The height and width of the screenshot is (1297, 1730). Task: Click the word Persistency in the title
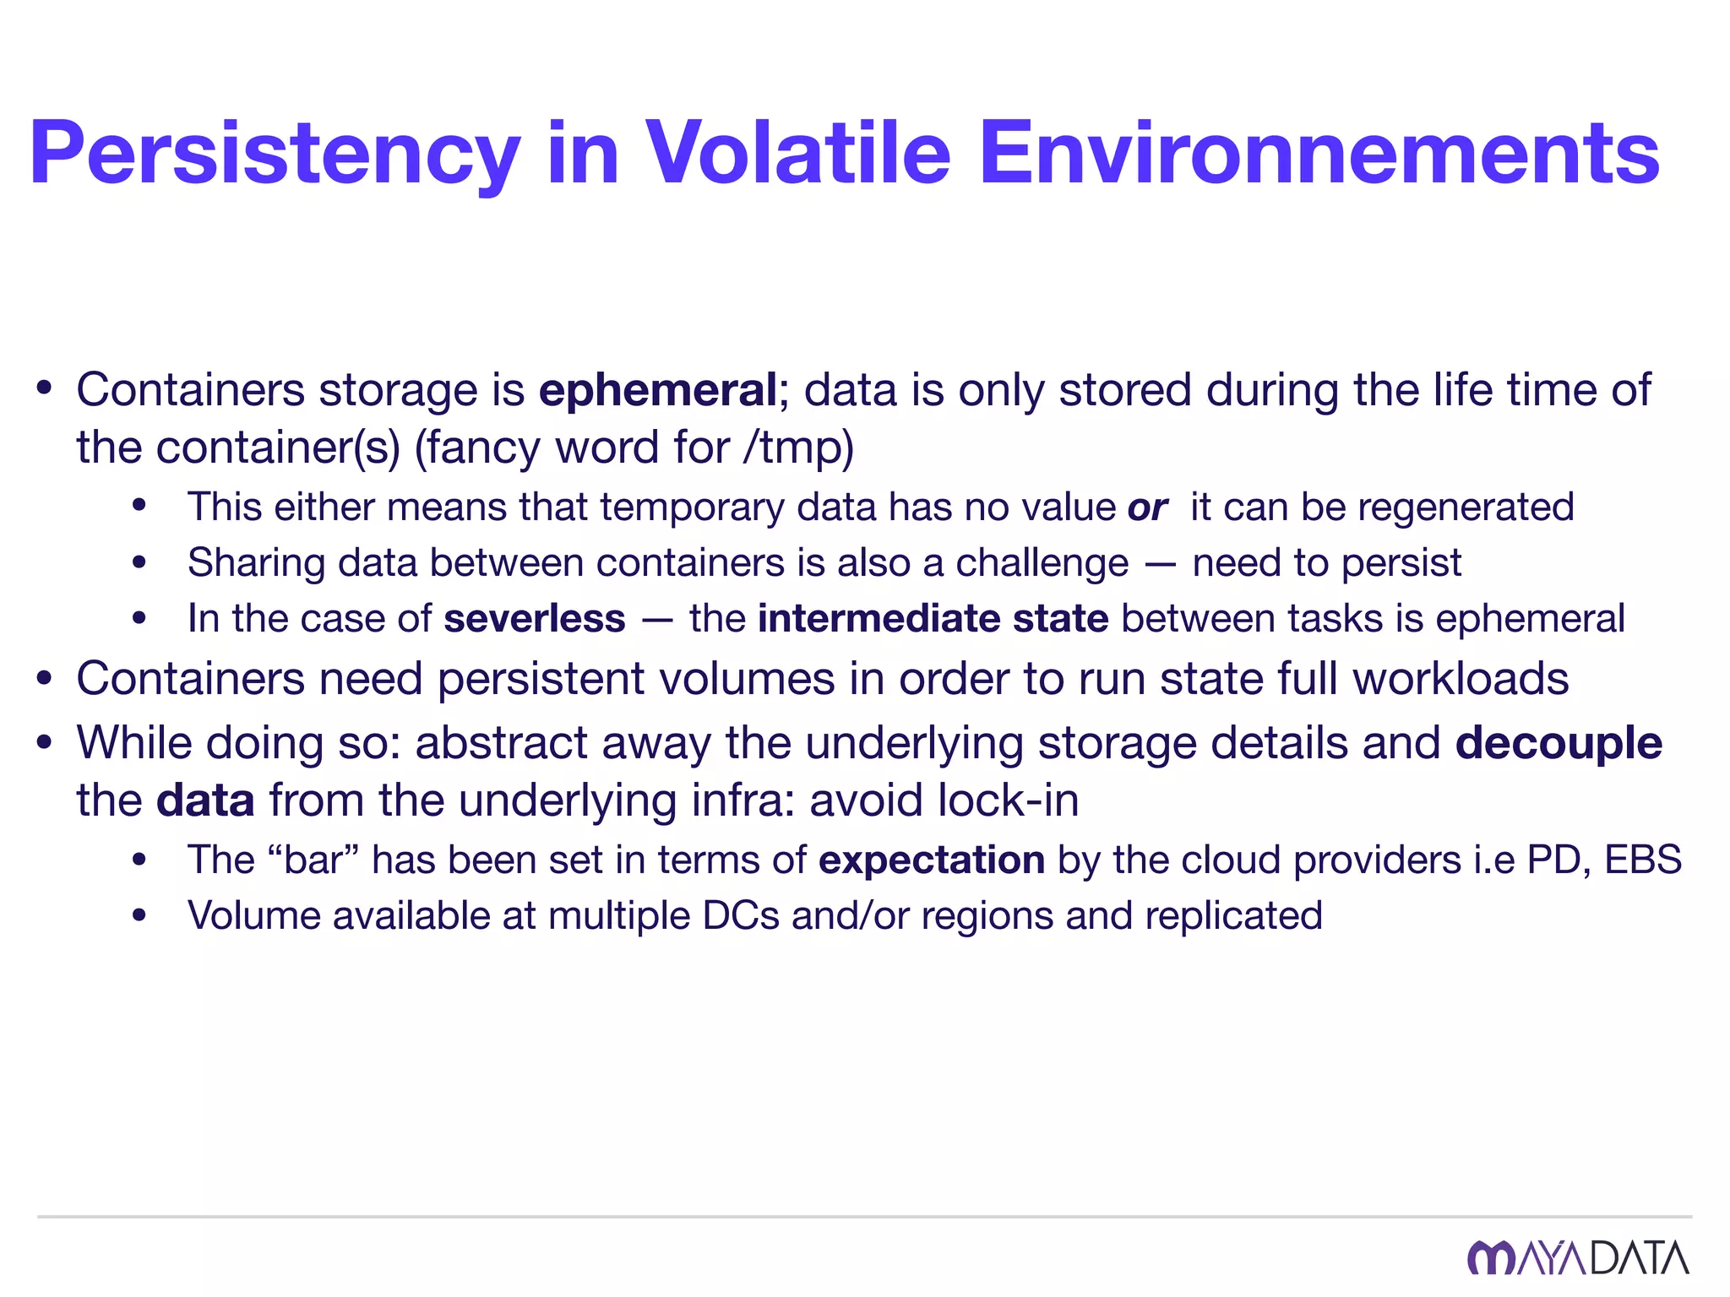pyautogui.click(x=275, y=154)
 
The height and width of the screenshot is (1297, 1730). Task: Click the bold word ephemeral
pyautogui.click(x=657, y=391)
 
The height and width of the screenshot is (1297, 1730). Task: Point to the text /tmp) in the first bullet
pyautogui.click(x=799, y=448)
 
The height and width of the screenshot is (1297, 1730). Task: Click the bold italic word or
pyautogui.click(x=1147, y=507)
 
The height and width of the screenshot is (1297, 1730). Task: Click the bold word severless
pyautogui.click(x=535, y=619)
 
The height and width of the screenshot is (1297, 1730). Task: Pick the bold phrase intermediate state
pyautogui.click(x=933, y=619)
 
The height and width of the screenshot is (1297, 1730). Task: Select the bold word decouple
pyautogui.click(x=1559, y=744)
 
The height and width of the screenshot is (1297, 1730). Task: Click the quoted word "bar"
pyautogui.click(x=313, y=860)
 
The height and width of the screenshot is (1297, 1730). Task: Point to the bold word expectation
pyautogui.click(x=932, y=860)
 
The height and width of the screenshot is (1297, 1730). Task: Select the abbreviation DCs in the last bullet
pyautogui.click(x=741, y=916)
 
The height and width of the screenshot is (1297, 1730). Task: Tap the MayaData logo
pyautogui.click(x=1577, y=1257)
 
